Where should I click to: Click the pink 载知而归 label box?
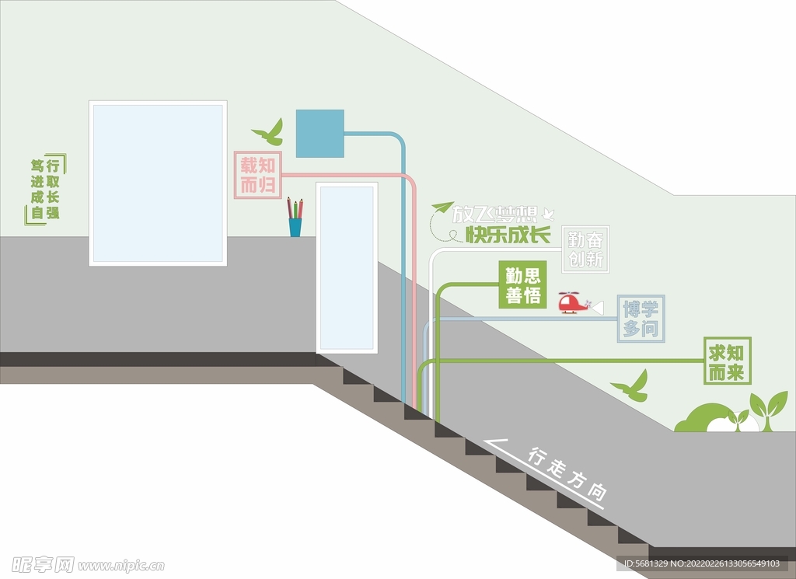point(257,174)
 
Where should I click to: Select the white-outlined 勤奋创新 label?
point(585,249)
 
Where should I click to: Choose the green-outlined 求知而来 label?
point(727,361)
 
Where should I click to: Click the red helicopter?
point(574,302)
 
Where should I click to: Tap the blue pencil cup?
point(295,225)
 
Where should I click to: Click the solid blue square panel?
point(319,133)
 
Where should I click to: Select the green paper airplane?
point(442,208)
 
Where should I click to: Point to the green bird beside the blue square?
point(270,134)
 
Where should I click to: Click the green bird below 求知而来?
point(631,387)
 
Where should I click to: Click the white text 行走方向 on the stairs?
point(567,472)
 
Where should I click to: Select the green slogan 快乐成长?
point(508,234)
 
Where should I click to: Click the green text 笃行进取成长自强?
point(45,189)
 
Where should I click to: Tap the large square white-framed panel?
point(158,183)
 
